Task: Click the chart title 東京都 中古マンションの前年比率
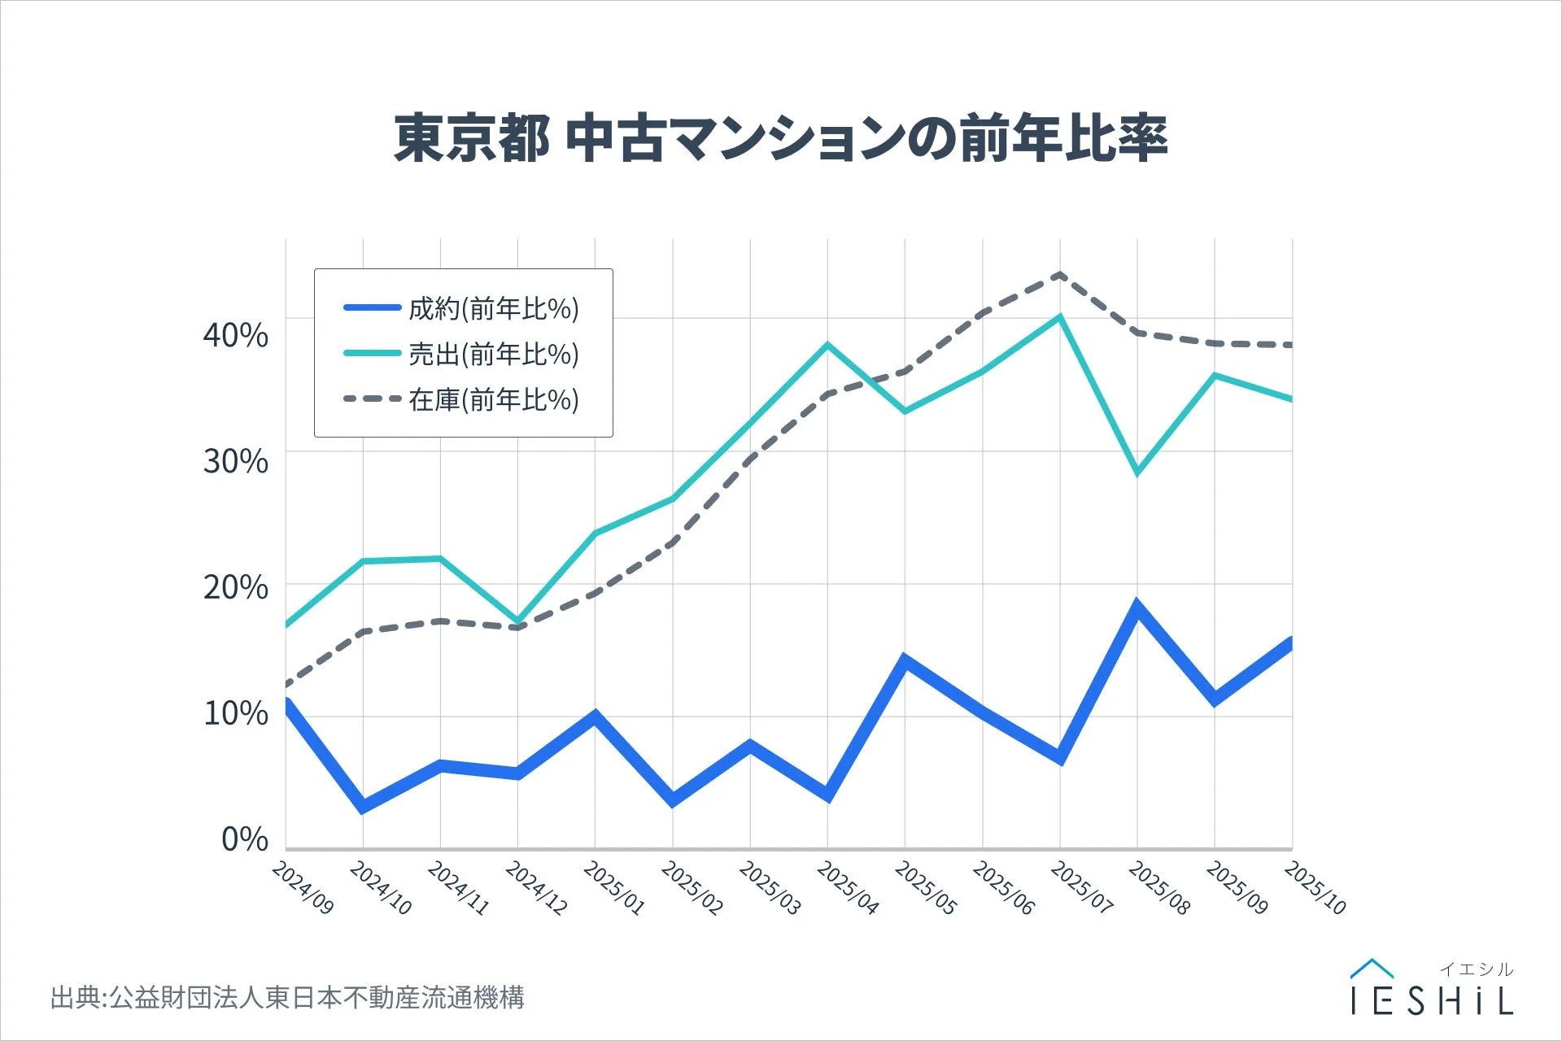781,138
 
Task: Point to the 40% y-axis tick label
236,334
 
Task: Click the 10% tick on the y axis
236,713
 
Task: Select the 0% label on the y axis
245,839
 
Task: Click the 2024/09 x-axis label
303,888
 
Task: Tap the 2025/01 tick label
614,888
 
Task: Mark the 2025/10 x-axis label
1315,888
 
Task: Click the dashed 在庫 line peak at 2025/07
1059,275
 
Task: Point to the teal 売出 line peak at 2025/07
1059,317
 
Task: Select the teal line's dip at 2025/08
1137,473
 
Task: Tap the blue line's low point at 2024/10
363,807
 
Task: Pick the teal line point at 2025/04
827,345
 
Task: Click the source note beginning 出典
287,997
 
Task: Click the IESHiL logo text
1432,1001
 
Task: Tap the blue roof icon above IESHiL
1372,969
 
